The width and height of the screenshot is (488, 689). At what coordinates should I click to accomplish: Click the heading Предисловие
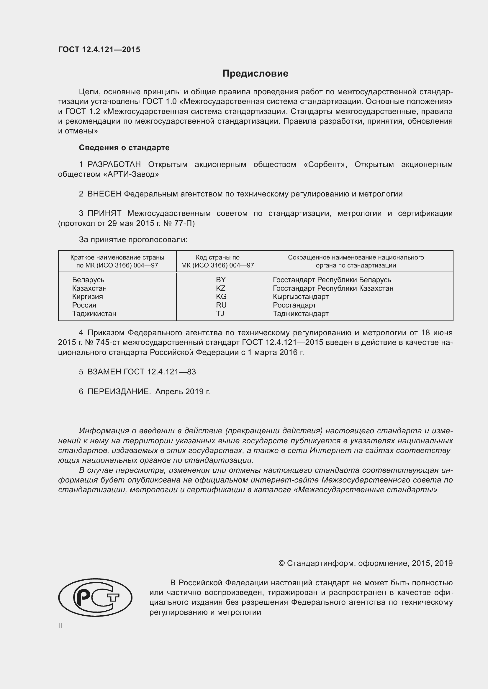point(255,74)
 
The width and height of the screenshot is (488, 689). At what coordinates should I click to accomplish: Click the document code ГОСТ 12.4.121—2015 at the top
point(99,49)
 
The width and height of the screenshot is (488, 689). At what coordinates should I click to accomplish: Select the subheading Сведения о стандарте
point(124,148)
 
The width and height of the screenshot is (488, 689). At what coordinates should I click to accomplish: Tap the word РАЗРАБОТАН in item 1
point(114,164)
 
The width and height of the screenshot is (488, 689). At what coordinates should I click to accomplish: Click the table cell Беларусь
point(88,280)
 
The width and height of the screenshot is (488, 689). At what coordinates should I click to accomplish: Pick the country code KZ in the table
point(220,288)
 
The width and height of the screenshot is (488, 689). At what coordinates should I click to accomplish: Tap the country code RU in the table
point(221,305)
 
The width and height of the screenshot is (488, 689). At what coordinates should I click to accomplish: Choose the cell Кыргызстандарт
point(300,297)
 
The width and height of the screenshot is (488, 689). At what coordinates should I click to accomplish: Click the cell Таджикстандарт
point(300,314)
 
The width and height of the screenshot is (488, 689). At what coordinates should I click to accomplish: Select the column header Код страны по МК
point(217,261)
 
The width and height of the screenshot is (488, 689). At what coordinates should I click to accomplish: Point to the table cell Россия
point(84,305)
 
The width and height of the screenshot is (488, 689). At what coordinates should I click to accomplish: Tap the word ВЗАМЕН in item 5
point(104,372)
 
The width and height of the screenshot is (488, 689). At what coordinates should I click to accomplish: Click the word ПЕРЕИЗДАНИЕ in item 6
point(119,391)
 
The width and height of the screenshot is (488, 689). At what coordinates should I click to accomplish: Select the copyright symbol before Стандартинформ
point(281,563)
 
